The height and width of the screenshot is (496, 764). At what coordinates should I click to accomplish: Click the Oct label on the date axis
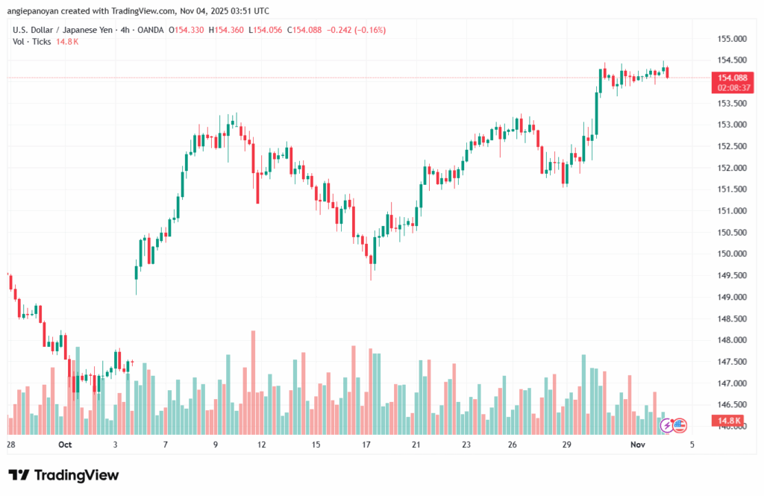[x=65, y=445]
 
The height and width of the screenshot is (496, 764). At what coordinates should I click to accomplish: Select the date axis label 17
[x=366, y=445]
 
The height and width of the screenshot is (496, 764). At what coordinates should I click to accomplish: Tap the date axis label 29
[x=567, y=445]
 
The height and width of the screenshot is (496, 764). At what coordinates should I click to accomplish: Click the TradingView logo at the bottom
[x=63, y=475]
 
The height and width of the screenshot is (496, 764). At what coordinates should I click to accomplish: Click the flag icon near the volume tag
[x=679, y=426]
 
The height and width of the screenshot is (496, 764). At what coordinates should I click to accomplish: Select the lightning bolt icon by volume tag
[x=666, y=426]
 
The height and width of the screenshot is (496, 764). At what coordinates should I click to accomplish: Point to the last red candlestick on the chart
[x=668, y=72]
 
